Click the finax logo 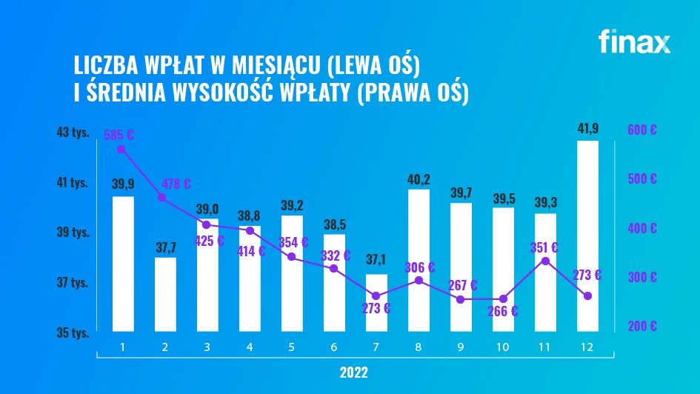(x=634, y=42)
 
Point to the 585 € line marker (x=121, y=149)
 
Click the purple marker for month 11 (x=545, y=261)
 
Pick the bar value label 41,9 (x=587, y=129)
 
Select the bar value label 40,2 (x=419, y=178)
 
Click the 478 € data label (x=176, y=184)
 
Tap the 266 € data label (x=503, y=311)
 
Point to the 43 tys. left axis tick (x=73, y=133)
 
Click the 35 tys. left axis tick (x=73, y=333)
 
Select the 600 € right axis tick (x=642, y=130)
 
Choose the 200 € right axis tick (x=642, y=326)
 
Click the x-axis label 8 (x=419, y=347)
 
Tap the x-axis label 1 (x=123, y=347)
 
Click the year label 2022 (x=356, y=371)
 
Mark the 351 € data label (x=544, y=247)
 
